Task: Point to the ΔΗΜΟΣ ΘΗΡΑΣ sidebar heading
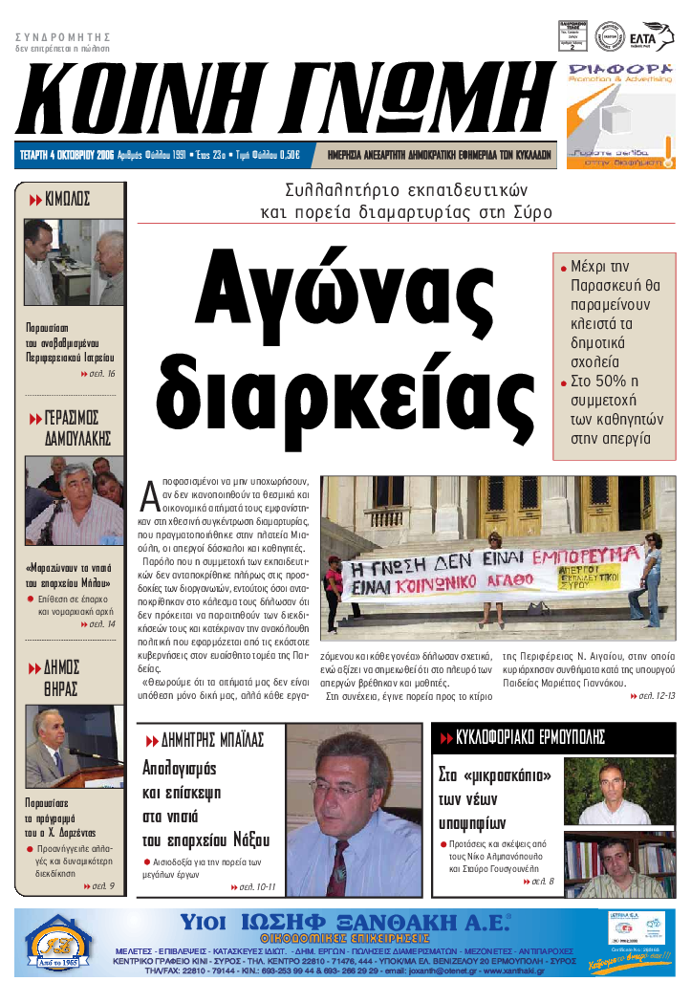[x=62, y=677]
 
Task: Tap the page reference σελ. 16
[x=98, y=373]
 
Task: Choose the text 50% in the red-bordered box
[x=606, y=382]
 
